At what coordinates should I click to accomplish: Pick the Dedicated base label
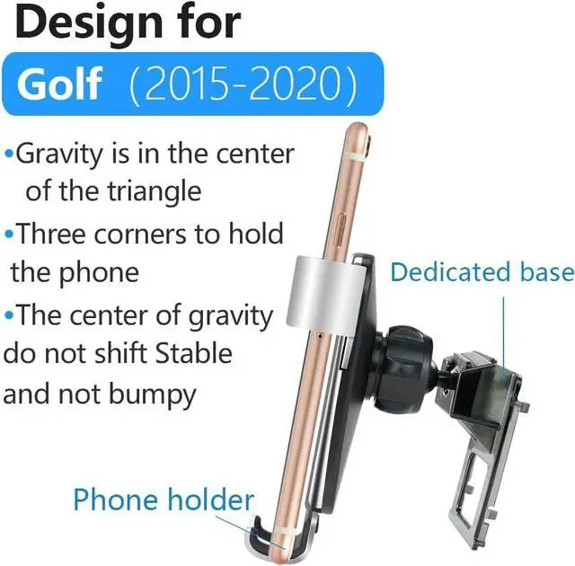click(481, 272)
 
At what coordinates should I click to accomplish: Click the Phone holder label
click(164, 499)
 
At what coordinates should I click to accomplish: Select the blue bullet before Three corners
click(9, 235)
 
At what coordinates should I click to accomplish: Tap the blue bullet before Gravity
click(9, 155)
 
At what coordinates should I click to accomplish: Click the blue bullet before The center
click(9, 316)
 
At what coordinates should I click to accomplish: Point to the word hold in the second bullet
click(252, 234)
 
